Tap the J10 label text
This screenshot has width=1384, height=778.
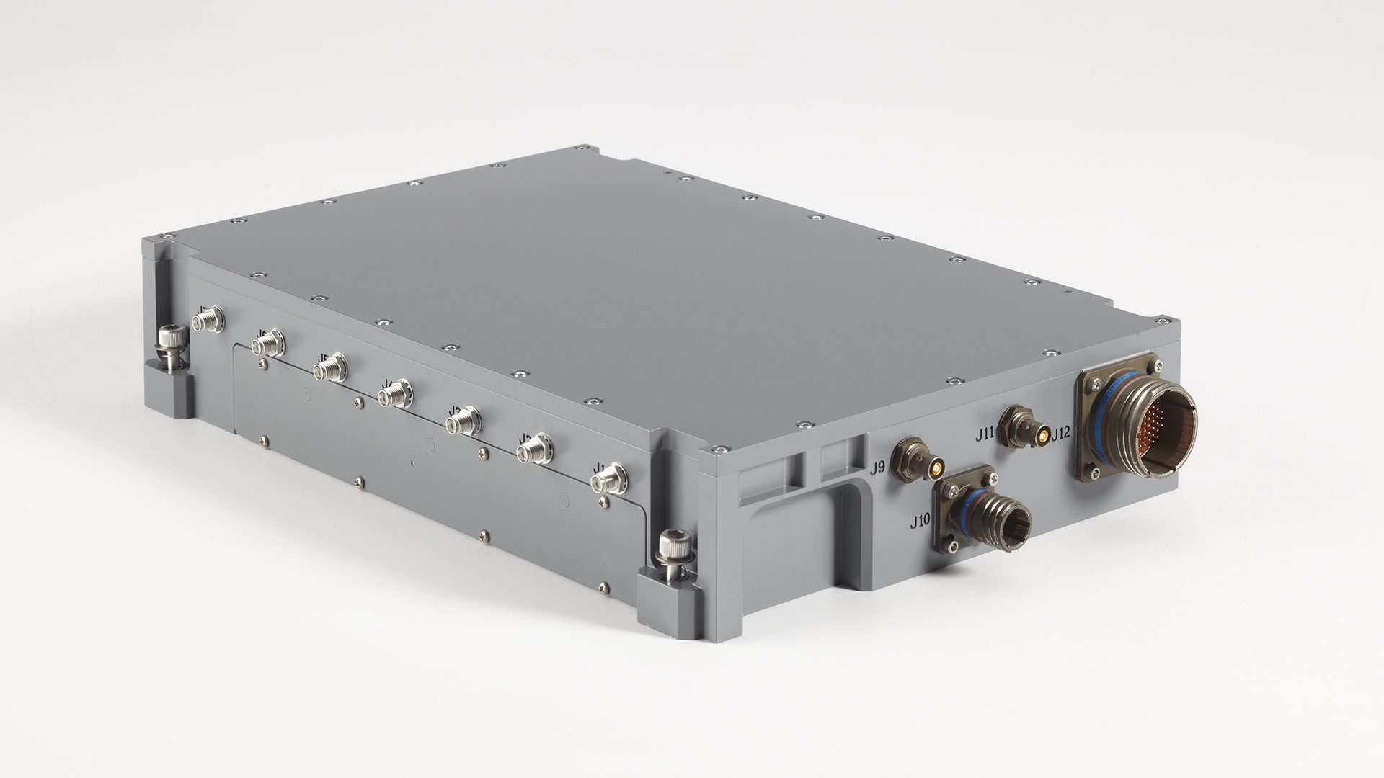920,522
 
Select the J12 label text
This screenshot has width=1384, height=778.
1062,434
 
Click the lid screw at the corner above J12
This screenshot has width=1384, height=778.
1163,317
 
